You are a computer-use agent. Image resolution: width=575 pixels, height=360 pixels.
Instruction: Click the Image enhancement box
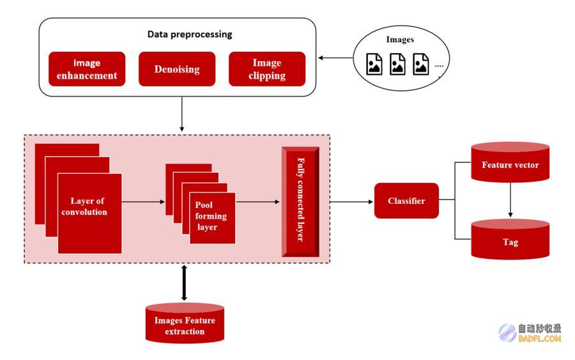click(87, 69)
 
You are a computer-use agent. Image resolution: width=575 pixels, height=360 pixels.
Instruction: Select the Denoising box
click(177, 69)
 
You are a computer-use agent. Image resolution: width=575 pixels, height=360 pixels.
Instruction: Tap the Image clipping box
click(267, 69)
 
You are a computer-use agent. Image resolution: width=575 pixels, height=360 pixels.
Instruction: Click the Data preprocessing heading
click(190, 34)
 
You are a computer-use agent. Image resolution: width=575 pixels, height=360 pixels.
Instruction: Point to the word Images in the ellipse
click(400, 39)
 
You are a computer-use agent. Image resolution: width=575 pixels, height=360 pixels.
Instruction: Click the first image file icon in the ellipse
click(374, 64)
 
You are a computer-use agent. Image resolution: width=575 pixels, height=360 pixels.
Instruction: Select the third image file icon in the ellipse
click(420, 64)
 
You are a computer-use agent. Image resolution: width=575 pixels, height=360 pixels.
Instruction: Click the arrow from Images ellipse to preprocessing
click(335, 58)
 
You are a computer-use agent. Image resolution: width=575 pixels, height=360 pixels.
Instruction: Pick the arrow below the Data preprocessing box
click(182, 114)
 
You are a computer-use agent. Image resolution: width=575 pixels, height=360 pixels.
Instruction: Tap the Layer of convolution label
click(85, 207)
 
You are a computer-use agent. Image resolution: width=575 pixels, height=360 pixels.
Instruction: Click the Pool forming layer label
click(210, 215)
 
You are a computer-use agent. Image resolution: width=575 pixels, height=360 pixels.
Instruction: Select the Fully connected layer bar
click(300, 202)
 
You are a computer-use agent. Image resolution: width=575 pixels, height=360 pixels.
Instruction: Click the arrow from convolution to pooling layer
click(143, 202)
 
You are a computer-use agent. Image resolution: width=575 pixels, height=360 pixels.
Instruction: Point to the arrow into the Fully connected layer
click(258, 202)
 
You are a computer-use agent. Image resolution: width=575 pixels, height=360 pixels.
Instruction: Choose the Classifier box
click(406, 201)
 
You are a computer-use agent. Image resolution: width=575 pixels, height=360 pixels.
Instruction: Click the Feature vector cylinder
click(510, 162)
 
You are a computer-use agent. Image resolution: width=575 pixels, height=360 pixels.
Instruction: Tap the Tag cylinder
click(510, 239)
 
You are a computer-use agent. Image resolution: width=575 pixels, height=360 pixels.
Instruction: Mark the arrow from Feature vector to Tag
click(510, 200)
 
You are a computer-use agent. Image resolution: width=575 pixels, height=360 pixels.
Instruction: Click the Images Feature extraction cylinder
click(185, 323)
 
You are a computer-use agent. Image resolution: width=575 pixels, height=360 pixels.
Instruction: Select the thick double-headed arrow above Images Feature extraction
click(184, 283)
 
